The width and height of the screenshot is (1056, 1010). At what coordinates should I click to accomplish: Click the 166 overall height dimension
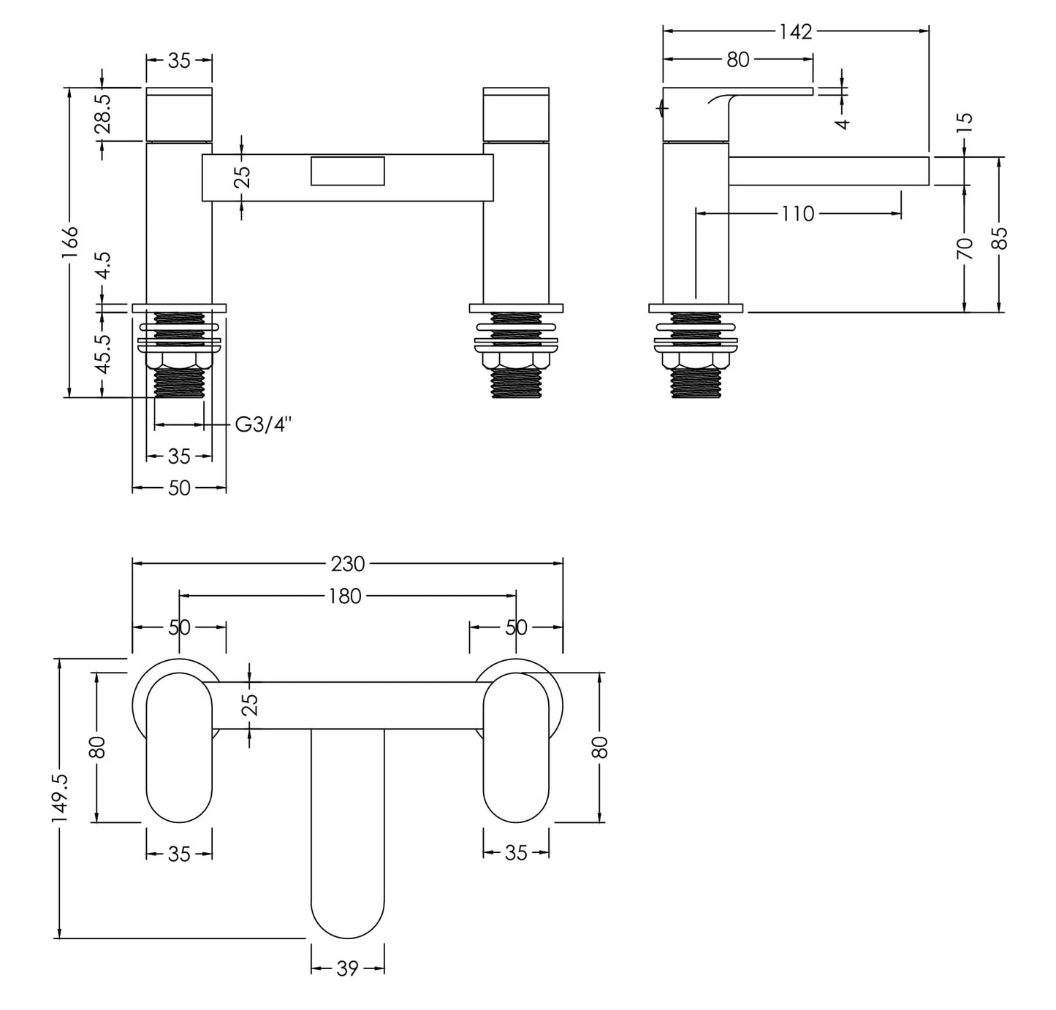click(69, 242)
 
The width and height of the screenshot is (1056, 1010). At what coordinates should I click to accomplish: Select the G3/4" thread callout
click(263, 424)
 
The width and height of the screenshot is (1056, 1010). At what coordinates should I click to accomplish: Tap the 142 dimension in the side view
click(795, 31)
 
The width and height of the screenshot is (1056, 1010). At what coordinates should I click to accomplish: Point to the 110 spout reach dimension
click(797, 214)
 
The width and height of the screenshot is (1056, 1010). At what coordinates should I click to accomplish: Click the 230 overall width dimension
click(348, 564)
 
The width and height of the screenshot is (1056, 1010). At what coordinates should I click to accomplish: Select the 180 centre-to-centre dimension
click(345, 596)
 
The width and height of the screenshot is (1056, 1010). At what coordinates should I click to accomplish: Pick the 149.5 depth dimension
click(60, 798)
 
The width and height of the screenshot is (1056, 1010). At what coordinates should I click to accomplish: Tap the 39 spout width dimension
click(348, 968)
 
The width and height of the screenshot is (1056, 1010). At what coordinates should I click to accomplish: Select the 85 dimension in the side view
click(1000, 237)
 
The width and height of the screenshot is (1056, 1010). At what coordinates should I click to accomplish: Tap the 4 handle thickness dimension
click(843, 123)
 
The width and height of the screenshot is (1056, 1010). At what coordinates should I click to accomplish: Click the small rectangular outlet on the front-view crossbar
click(347, 171)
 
